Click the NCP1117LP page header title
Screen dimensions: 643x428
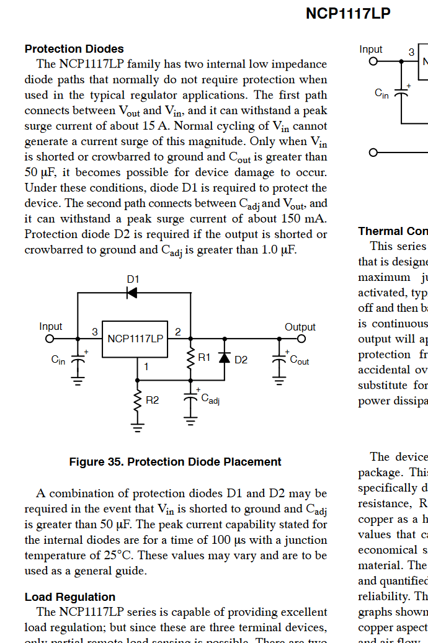tap(348, 14)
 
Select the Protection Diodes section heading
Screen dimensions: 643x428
tap(74, 49)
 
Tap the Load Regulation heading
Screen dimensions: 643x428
tap(69, 597)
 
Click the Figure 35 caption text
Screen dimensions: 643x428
tap(175, 462)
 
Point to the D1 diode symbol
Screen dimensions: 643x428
tap(132, 293)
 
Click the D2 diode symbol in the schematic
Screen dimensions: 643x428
tap(225, 358)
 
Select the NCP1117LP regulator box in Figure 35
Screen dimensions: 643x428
tap(135, 339)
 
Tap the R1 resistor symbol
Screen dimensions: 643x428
tap(191, 358)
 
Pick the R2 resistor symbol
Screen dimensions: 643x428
tap(138, 401)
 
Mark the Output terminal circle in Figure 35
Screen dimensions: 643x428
tap(301, 339)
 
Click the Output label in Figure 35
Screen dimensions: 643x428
tap(300, 327)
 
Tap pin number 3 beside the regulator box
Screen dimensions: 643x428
tap(95, 332)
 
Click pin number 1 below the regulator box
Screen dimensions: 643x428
tap(146, 366)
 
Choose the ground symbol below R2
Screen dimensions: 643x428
tap(138, 427)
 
